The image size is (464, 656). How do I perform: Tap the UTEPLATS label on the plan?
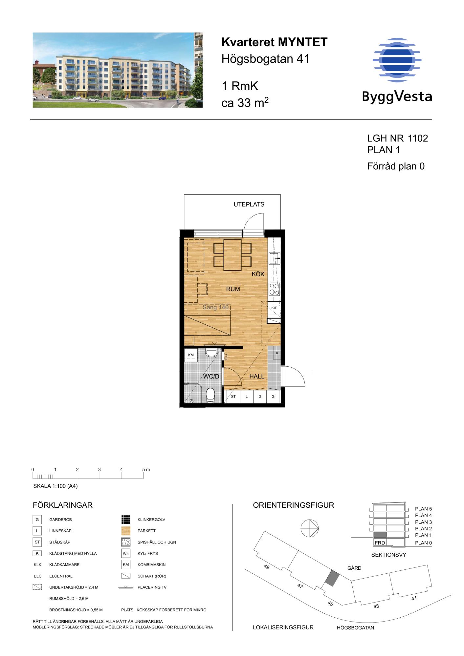point(249,204)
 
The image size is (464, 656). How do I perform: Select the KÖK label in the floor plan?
point(258,274)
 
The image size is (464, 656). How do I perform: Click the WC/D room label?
point(211,376)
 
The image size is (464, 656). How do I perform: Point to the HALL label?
point(257,376)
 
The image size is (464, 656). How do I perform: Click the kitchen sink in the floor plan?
point(274,258)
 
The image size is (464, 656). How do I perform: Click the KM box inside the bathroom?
point(191,355)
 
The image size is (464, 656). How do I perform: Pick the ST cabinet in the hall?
point(233,397)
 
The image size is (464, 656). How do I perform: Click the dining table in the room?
point(232,255)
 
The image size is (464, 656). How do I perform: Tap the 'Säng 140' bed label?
point(215,307)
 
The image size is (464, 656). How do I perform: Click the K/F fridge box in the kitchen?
point(274,308)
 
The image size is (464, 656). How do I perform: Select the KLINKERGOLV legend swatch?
point(126,520)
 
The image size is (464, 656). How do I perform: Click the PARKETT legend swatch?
point(126,531)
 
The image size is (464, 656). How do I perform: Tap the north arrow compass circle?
point(310,529)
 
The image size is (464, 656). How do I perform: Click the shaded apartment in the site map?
point(331,578)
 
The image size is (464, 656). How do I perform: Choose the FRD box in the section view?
point(380,543)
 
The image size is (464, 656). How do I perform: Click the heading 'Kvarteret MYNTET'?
point(275,42)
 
